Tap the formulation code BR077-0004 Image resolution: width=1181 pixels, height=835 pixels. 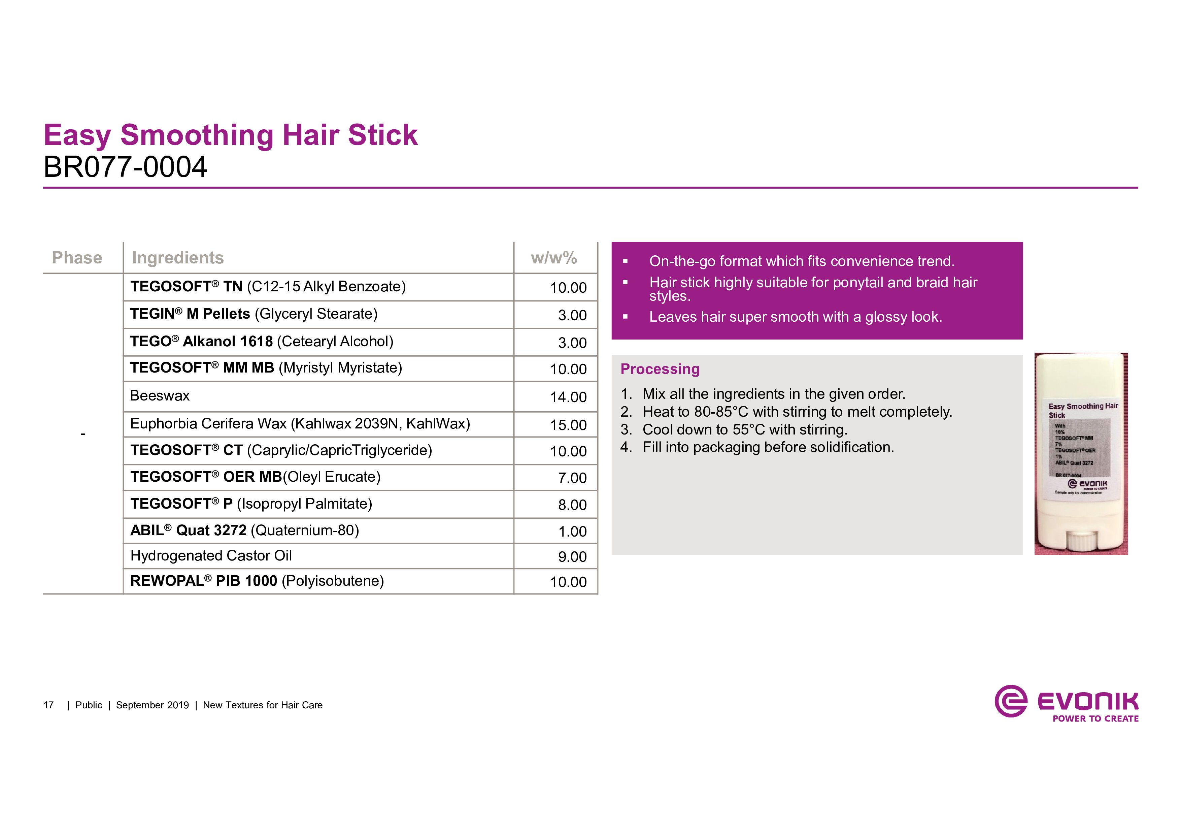click(125, 167)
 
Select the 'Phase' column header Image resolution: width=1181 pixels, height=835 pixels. click(77, 258)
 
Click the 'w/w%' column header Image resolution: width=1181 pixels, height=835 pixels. click(554, 258)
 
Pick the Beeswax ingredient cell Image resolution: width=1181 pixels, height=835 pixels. click(160, 396)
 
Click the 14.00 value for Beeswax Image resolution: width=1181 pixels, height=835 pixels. click(568, 397)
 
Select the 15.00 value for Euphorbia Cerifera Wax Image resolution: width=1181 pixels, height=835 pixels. click(568, 425)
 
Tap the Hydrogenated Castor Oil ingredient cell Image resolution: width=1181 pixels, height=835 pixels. click(211, 556)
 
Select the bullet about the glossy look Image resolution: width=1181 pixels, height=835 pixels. click(795, 317)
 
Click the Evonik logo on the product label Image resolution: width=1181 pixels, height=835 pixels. click(1088, 484)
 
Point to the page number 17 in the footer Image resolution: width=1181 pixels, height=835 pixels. click(48, 705)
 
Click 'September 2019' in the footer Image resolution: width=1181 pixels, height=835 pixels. click(152, 705)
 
